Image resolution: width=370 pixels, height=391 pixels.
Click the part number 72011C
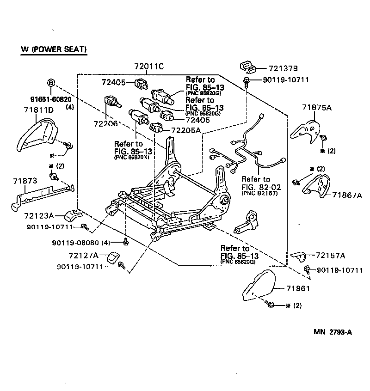(149, 66)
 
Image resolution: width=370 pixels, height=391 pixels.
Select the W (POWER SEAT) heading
(54, 49)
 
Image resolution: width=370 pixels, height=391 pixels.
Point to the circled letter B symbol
(51, 83)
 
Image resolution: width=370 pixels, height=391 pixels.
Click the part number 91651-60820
(51, 99)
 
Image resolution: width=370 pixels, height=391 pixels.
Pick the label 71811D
(39, 110)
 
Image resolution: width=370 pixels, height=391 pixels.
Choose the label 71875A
(317, 107)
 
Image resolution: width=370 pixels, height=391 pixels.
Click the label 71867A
(347, 195)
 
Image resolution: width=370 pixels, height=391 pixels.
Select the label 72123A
(39, 215)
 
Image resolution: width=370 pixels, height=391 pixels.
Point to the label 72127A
(84, 255)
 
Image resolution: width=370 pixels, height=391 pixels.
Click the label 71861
(297, 288)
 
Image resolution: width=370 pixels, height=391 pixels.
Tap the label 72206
(106, 124)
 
